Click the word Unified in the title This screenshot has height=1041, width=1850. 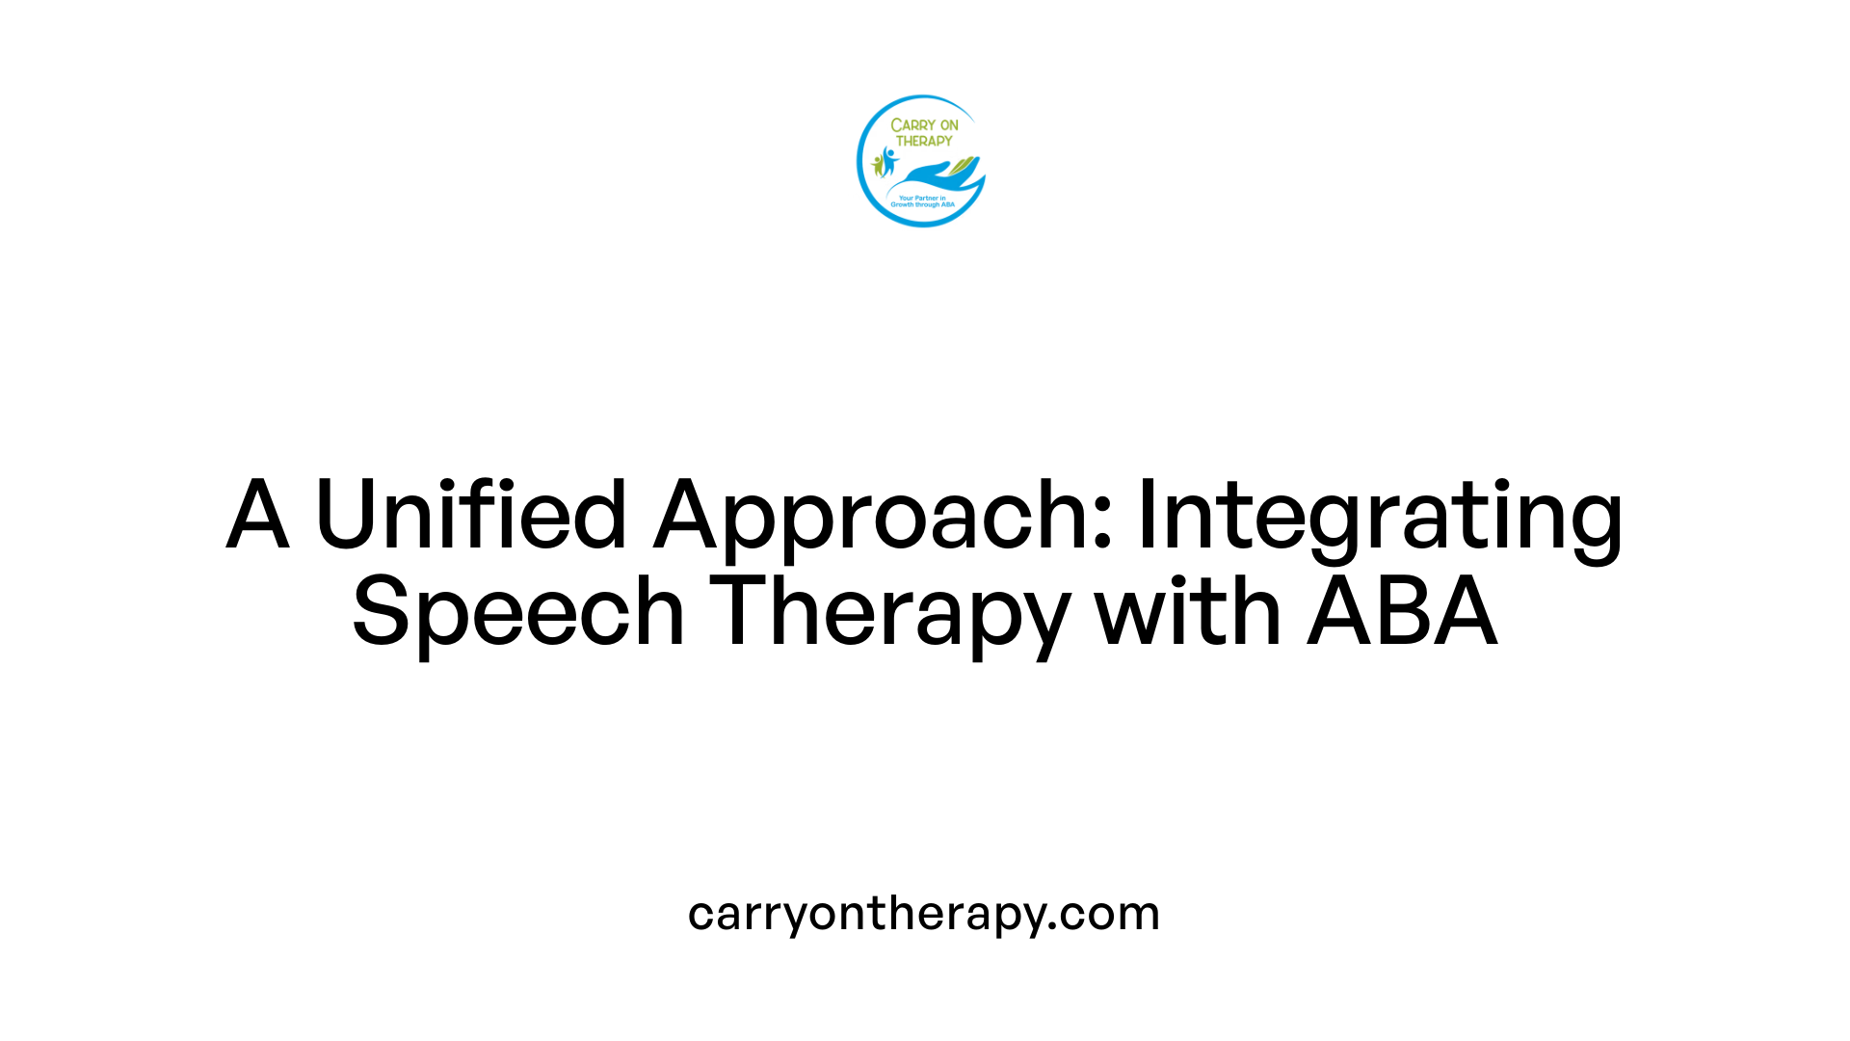pyautogui.click(x=471, y=515)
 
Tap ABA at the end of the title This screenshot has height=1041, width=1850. pyautogui.click(x=1402, y=611)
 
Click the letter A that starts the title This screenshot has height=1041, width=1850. pyautogui.click(x=257, y=515)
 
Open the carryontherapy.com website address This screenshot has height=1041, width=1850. pyautogui.click(x=923, y=914)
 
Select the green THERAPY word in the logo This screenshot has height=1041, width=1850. pyautogui.click(x=924, y=141)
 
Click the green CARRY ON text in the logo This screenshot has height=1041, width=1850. pyautogui.click(x=924, y=125)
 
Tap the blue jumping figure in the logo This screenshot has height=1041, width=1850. pyautogui.click(x=888, y=159)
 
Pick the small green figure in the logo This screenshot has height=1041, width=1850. pyautogui.click(x=877, y=166)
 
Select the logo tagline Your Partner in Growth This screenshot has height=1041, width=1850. pyautogui.click(x=922, y=201)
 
